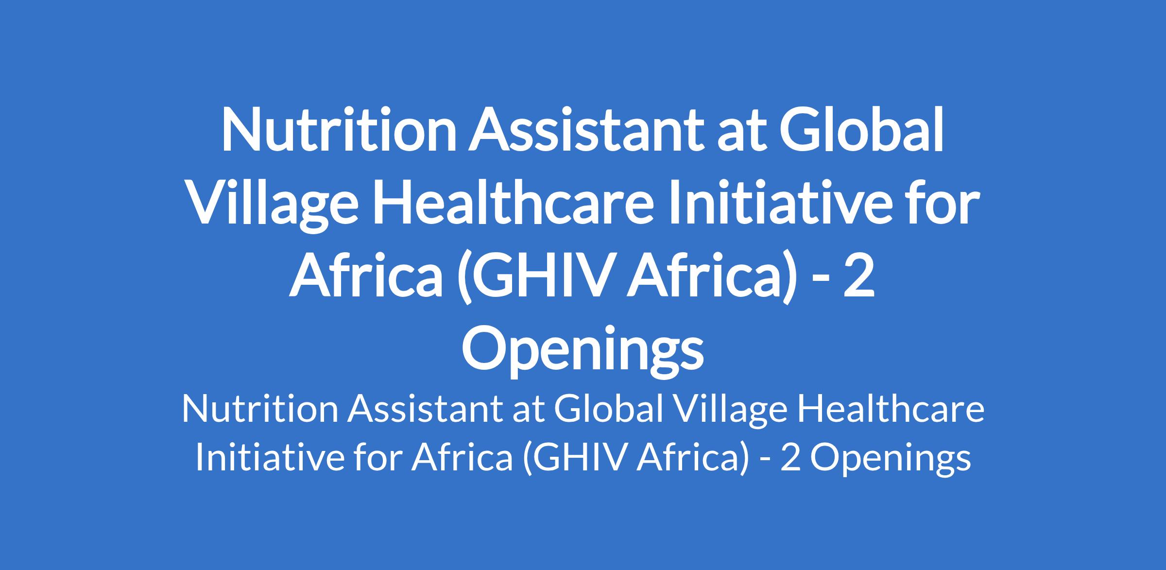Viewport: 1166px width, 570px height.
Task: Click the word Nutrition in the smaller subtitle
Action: (x=260, y=409)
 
